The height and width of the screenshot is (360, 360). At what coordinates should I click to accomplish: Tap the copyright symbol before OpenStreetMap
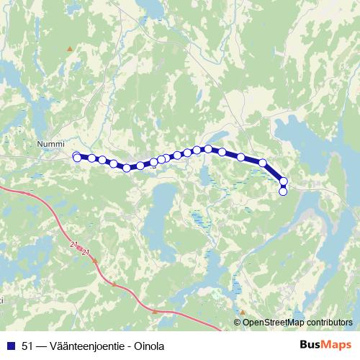click(238, 323)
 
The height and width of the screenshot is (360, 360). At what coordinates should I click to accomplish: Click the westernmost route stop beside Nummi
click(77, 157)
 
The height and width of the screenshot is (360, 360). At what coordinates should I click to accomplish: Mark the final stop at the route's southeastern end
click(283, 192)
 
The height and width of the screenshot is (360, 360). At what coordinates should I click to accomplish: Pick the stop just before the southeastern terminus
click(284, 181)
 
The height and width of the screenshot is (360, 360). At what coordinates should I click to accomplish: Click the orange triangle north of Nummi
click(70, 49)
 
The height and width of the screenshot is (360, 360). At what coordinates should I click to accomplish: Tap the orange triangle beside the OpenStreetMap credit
click(243, 312)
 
